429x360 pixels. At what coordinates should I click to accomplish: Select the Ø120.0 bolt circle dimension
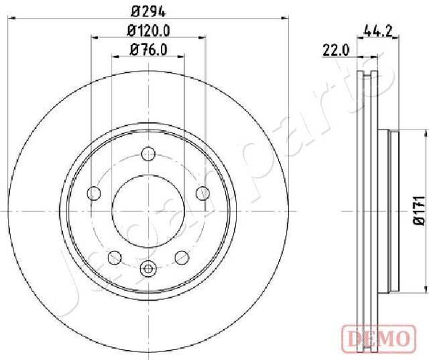[148, 31]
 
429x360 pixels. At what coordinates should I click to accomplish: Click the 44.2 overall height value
[376, 31]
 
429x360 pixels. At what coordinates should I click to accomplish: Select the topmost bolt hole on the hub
[148, 153]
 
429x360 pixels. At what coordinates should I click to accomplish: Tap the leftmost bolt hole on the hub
[93, 193]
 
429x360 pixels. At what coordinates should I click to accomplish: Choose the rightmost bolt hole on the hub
[203, 193]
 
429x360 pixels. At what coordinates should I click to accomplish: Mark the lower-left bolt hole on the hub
[114, 258]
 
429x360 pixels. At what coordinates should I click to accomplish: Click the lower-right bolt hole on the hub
[182, 258]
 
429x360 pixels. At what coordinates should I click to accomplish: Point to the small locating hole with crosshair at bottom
[148, 269]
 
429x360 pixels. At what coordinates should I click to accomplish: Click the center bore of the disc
[148, 210]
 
